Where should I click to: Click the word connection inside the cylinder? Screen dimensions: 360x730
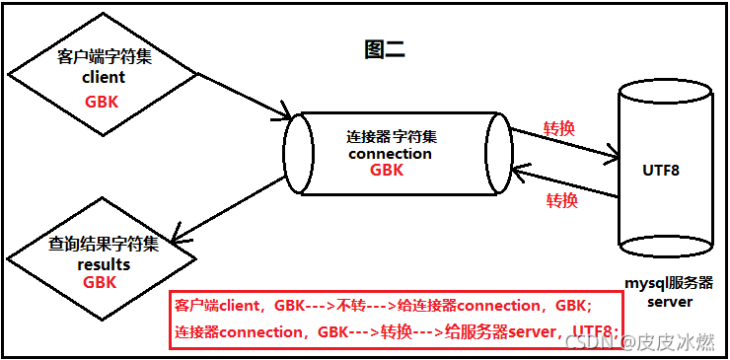[390, 154]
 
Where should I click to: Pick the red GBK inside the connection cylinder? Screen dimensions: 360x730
[387, 170]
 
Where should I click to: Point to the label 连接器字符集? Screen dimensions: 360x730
[392, 136]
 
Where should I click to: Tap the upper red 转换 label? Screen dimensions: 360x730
[559, 129]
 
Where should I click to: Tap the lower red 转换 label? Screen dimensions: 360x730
[561, 201]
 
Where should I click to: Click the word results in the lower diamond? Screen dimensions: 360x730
[104, 264]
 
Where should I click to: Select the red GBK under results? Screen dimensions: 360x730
[100, 282]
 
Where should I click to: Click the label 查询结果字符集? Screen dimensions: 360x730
[104, 247]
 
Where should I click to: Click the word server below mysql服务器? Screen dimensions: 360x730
[670, 302]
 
